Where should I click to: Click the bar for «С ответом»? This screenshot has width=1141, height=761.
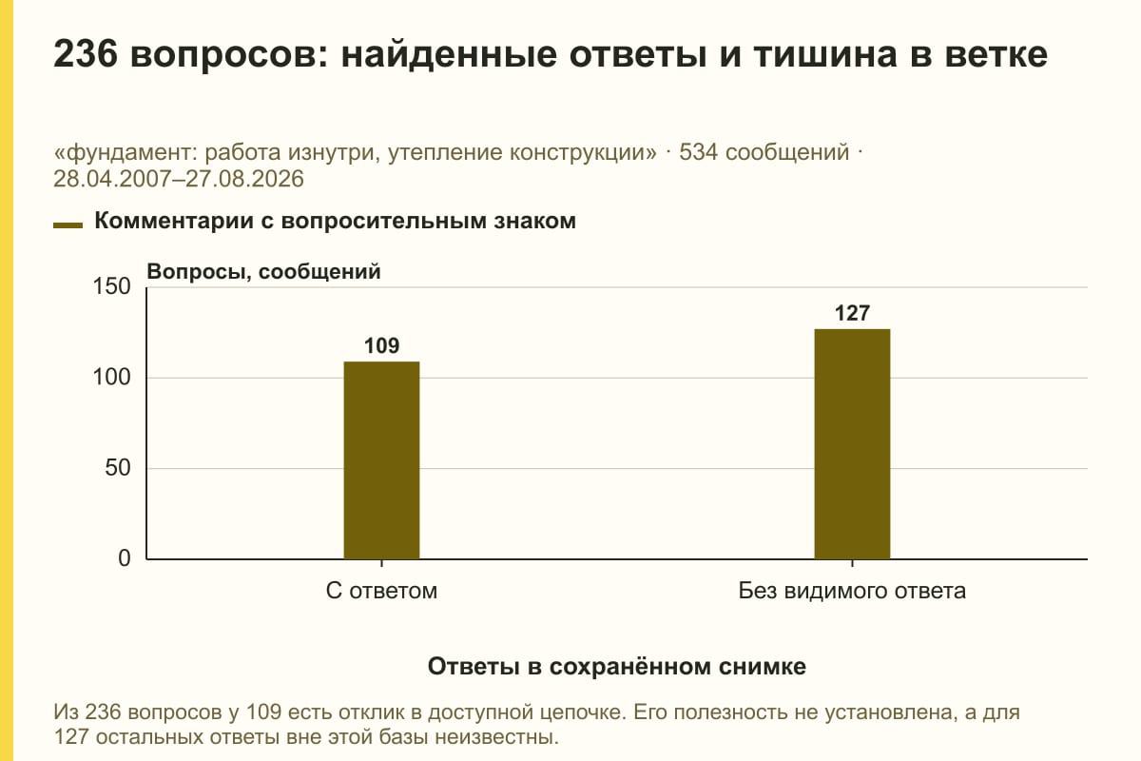tap(381, 460)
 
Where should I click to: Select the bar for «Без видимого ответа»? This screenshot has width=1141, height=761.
tap(852, 444)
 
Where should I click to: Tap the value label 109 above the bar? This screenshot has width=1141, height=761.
tap(381, 346)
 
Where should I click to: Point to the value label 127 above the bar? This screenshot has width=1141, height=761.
tap(852, 314)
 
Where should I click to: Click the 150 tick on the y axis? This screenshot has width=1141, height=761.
tap(111, 286)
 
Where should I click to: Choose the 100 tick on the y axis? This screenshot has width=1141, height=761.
tap(111, 378)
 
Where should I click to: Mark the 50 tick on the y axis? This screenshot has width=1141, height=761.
tap(118, 468)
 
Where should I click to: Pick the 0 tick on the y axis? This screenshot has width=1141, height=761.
tap(125, 558)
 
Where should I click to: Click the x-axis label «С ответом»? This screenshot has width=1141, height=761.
tap(381, 591)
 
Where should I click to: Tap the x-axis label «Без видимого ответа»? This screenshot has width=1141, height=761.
tap(852, 591)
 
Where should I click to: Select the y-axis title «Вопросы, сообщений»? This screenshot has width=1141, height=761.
tap(263, 272)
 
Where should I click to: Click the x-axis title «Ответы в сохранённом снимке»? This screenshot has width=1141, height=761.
tap(617, 667)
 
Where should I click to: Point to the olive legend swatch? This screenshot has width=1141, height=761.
tap(68, 225)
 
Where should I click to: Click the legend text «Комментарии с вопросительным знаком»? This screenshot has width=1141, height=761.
tap(335, 222)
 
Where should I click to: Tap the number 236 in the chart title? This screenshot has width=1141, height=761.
tap(86, 54)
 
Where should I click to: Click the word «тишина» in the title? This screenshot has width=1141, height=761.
tap(825, 55)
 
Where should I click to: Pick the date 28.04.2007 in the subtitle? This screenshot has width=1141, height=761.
tap(112, 179)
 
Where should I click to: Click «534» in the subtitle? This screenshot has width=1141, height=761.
tap(698, 152)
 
